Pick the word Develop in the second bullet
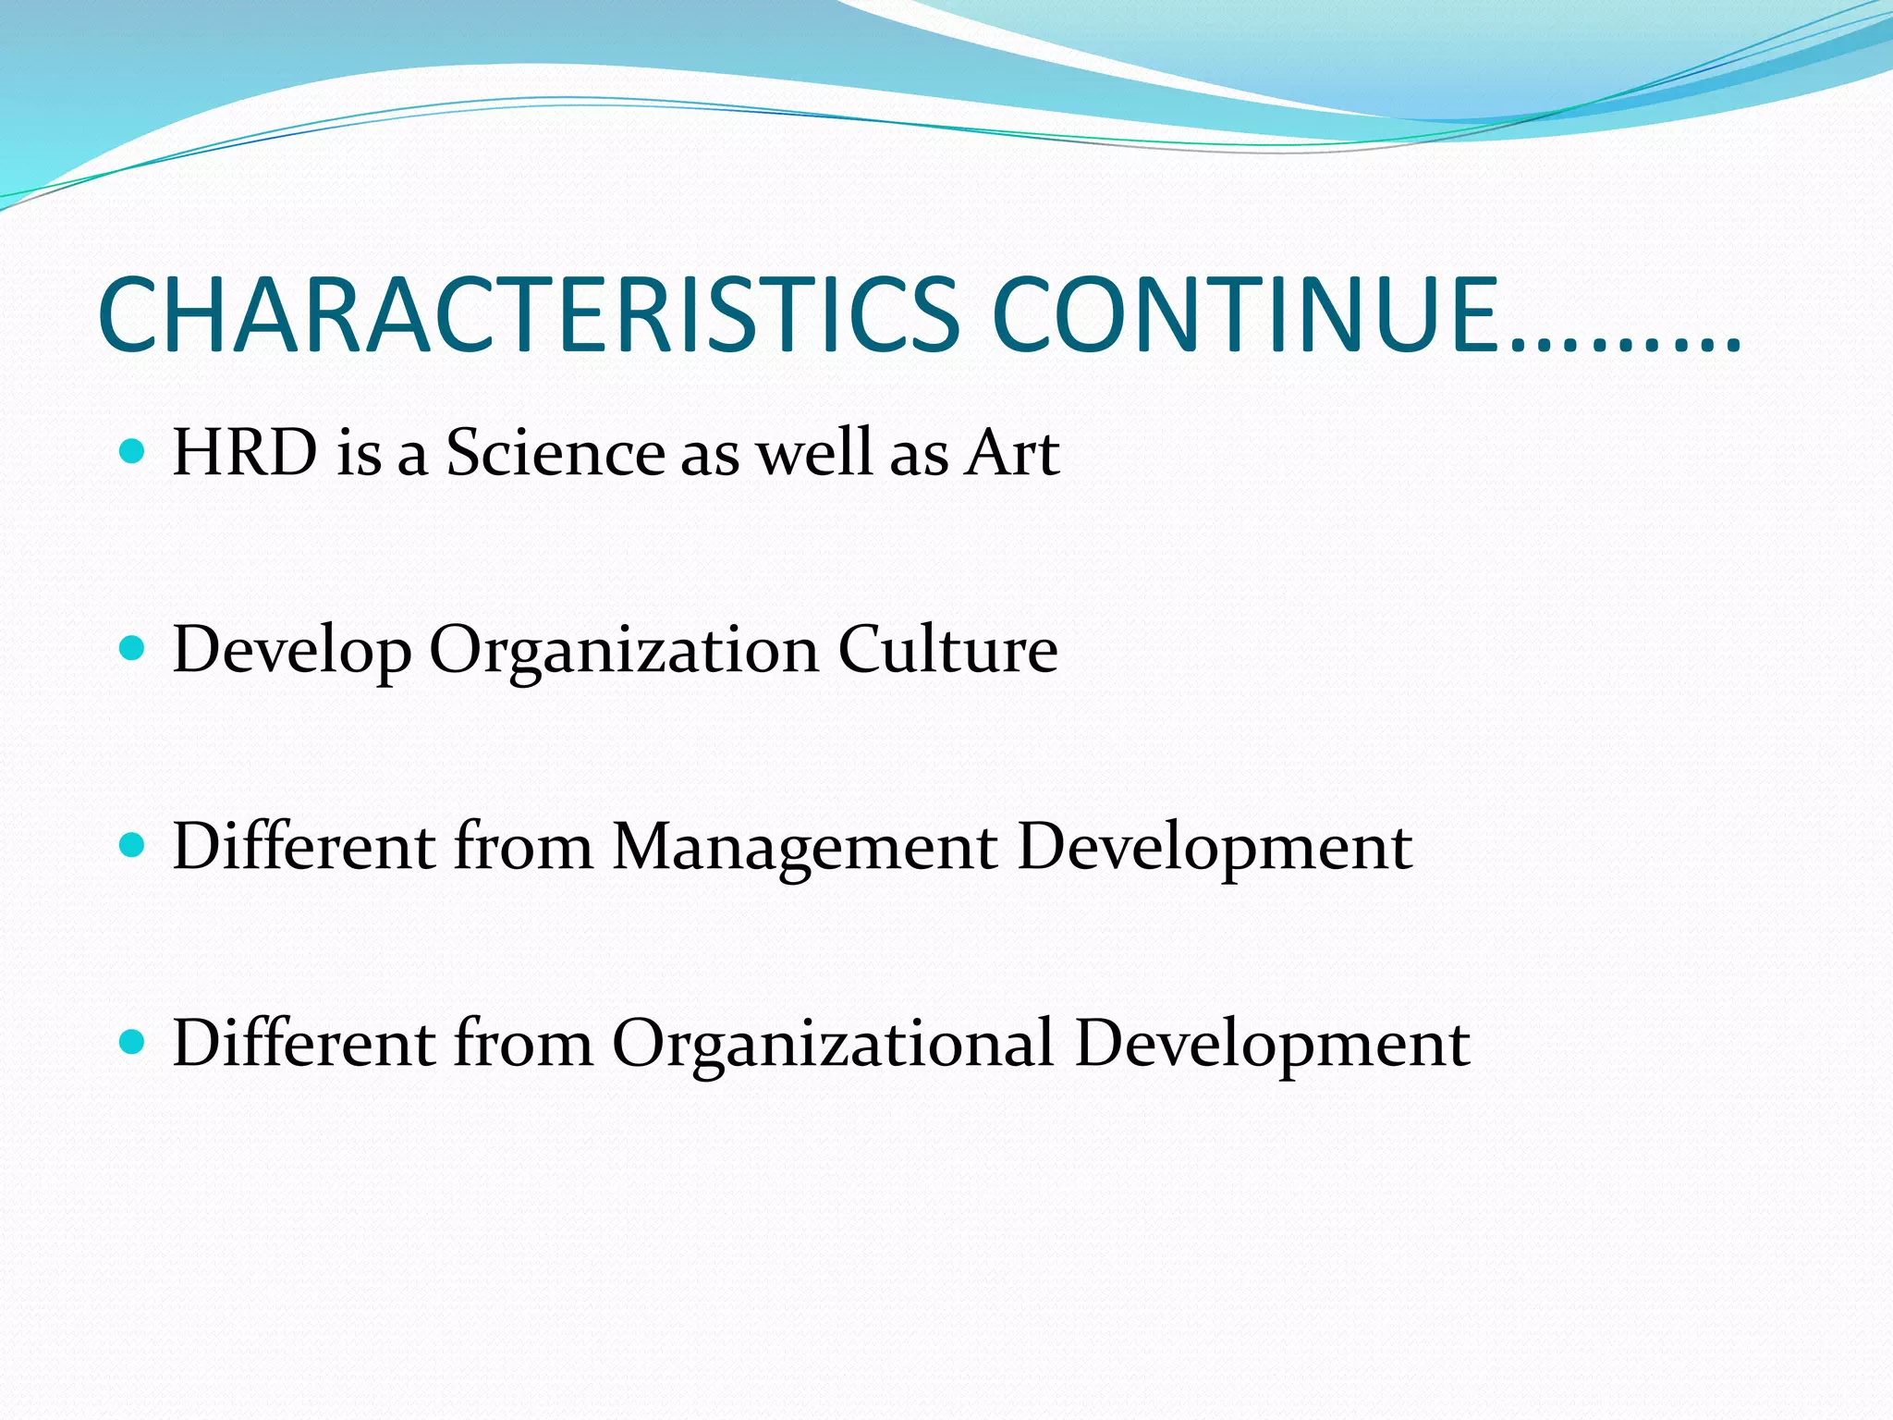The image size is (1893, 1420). pyautogui.click(x=292, y=651)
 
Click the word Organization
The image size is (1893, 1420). pyautogui.click(x=624, y=651)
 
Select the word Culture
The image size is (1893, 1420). pyautogui.click(x=947, y=649)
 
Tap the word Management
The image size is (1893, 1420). pyautogui.click(x=804, y=848)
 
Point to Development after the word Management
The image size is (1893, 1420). pyautogui.click(x=1215, y=848)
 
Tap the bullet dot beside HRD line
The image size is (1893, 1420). pyautogui.click(x=133, y=451)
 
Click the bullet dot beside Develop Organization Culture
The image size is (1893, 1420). pyautogui.click(x=133, y=648)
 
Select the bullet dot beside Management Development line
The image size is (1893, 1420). pyautogui.click(x=133, y=845)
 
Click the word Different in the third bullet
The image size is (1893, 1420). pyautogui.click(x=304, y=846)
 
